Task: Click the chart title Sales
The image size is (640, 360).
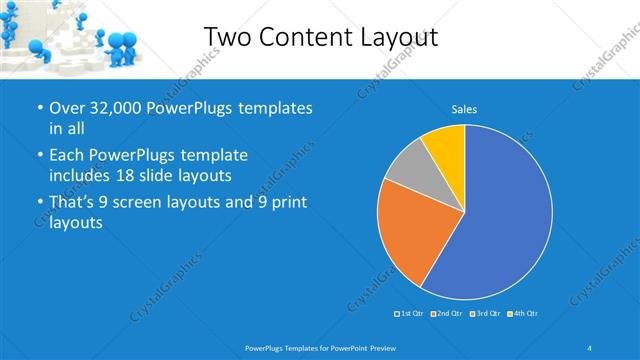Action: (464, 108)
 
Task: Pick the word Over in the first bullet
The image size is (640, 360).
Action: (67, 108)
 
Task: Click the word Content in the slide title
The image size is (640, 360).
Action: (303, 36)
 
